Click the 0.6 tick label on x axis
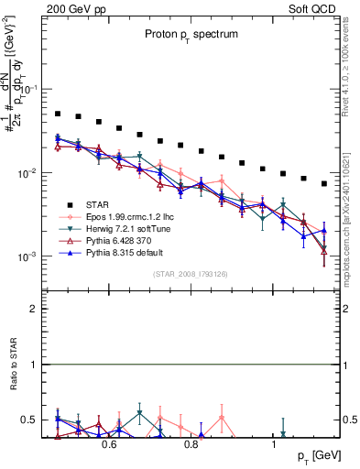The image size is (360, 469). (109, 444)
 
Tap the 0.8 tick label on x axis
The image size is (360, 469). (191, 444)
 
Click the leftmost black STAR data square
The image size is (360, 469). (58, 114)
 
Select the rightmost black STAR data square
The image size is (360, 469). (324, 183)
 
